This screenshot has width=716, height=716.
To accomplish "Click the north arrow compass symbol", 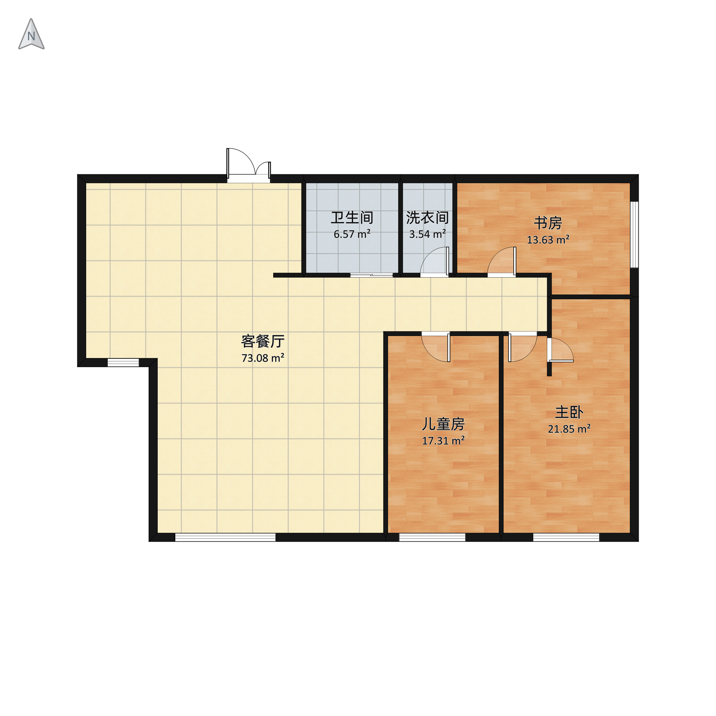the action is [31, 34].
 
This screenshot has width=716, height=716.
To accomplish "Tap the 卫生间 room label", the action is [352, 218].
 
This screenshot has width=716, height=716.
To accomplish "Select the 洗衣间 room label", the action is [427, 218].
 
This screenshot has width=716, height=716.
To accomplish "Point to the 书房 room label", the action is [548, 223].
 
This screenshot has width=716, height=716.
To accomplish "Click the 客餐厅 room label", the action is [263, 341].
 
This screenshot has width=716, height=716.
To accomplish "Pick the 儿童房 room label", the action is [443, 424].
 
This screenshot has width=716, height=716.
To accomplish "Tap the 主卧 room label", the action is [569, 412].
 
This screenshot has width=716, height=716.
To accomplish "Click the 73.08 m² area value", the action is [263, 358].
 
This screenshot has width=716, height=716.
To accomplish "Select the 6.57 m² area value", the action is [352, 234].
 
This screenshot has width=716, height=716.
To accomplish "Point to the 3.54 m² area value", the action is [427, 234].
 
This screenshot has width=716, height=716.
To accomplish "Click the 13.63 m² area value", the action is [548, 240].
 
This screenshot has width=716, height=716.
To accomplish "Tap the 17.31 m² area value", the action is [443, 441].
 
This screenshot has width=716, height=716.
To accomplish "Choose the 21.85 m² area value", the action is [569, 429].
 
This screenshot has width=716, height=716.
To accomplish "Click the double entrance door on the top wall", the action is [249, 165].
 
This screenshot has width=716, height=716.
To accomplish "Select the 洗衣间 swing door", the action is [434, 262].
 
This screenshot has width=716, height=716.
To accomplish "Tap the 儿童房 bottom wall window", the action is [432, 537].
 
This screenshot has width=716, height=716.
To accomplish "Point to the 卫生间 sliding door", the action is [372, 275].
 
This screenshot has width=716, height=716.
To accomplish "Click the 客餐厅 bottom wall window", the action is [225, 537].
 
